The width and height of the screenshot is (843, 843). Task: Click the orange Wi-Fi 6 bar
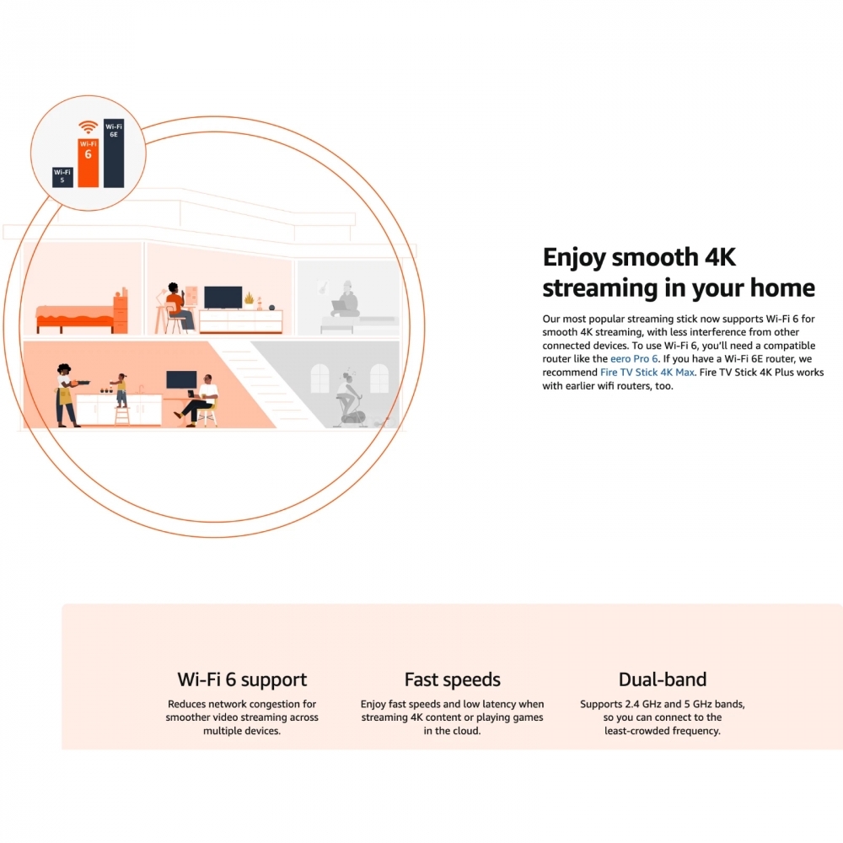pyautogui.click(x=89, y=163)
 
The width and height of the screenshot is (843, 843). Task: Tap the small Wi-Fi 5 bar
pyautogui.click(x=62, y=177)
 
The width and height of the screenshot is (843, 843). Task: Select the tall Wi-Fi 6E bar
pyautogui.click(x=114, y=153)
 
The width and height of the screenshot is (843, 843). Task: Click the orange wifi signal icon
pyautogui.click(x=89, y=127)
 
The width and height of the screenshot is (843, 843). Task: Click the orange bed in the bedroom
pyautogui.click(x=74, y=319)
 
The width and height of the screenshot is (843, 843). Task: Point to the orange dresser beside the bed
pyautogui.click(x=121, y=312)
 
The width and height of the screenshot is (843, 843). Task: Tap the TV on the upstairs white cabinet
pyautogui.click(x=223, y=298)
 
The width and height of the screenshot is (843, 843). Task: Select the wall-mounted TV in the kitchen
pyautogui.click(x=181, y=379)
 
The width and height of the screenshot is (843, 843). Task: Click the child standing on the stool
pyautogui.click(x=121, y=389)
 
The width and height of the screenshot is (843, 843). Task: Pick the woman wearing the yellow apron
pyautogui.click(x=67, y=395)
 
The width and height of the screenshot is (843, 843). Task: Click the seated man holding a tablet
pyautogui.click(x=199, y=400)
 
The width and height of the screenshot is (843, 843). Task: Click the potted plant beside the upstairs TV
pyautogui.click(x=249, y=299)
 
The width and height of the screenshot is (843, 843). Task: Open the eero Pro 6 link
pyautogui.click(x=634, y=358)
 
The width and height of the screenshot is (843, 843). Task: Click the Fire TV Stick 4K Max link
pyautogui.click(x=647, y=372)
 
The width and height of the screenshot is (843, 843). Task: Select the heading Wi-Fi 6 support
pyautogui.click(x=242, y=680)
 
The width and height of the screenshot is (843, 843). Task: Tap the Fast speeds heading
pyautogui.click(x=452, y=679)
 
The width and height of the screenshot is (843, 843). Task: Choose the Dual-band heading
pyautogui.click(x=663, y=679)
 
